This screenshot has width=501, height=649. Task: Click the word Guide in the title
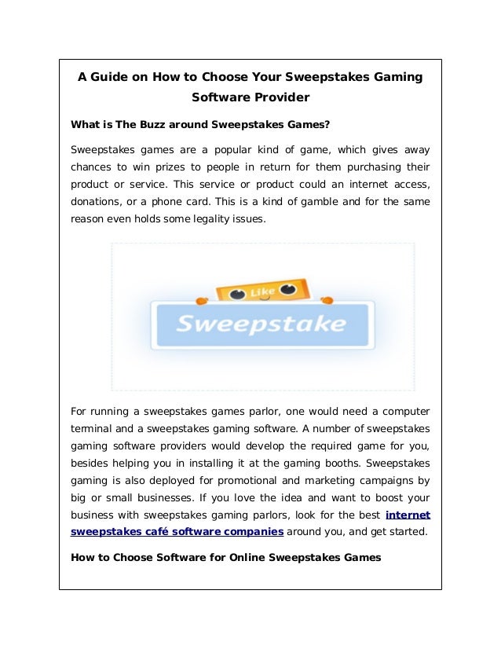point(106,77)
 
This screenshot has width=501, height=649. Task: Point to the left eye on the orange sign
point(235,291)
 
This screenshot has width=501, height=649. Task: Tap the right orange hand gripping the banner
point(327,299)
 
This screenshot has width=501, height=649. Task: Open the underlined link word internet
point(408,515)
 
